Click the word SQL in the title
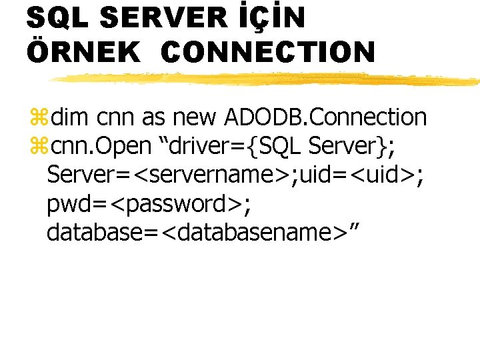(56, 19)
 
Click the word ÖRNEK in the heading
(84, 52)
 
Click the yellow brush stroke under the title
(267, 79)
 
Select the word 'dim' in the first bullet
(69, 117)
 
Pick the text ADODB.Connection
(325, 117)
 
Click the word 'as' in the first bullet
(153, 118)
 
